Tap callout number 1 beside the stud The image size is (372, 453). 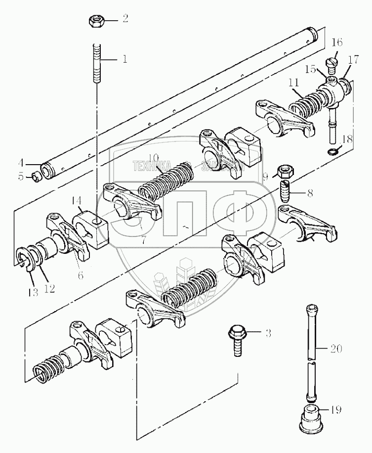[125, 59]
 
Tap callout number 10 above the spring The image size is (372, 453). [154, 158]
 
